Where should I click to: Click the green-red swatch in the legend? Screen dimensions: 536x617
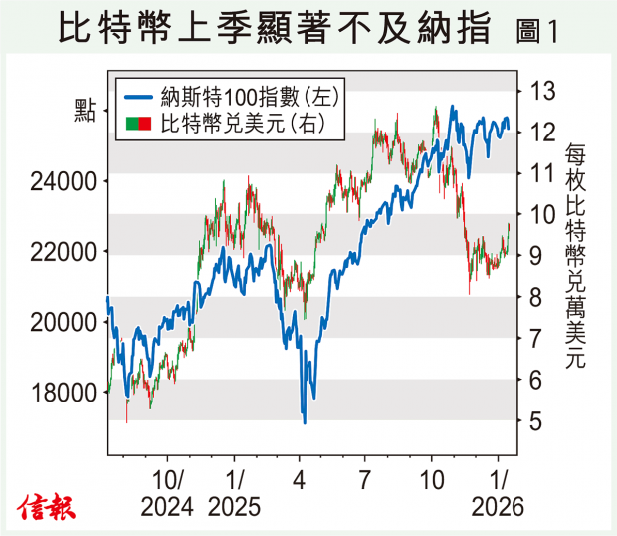point(138,124)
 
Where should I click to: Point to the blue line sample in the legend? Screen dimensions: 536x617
point(138,98)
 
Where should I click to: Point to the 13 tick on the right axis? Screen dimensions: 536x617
point(541,91)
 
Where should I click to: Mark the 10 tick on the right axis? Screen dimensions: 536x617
point(541,214)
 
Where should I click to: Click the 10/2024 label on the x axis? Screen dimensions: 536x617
point(167,492)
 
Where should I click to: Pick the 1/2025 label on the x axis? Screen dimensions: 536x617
point(235,492)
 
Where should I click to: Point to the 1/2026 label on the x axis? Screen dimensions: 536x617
point(498,492)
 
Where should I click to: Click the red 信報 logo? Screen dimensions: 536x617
point(47,508)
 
